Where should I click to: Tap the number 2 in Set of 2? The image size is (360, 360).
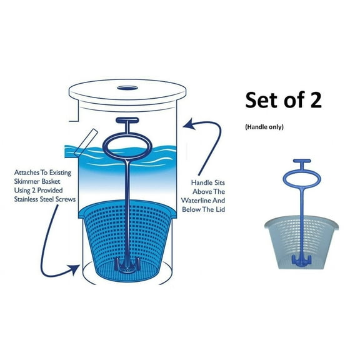point(314,100)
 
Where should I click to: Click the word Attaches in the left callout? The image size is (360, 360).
point(29,170)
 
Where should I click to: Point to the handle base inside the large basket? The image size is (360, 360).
point(127,267)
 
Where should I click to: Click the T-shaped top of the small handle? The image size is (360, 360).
point(301,164)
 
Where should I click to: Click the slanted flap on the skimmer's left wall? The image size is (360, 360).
point(89,139)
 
